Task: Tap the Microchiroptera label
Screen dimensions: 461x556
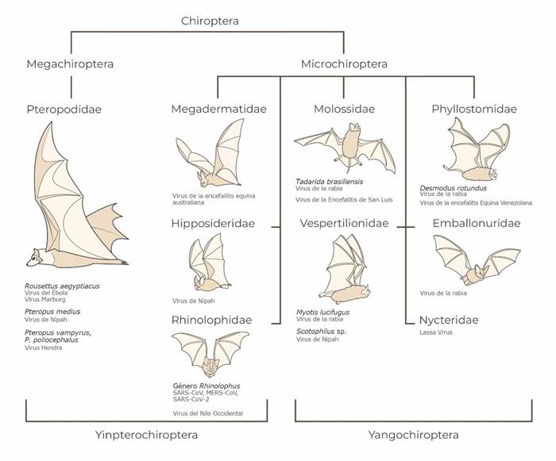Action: (344, 63)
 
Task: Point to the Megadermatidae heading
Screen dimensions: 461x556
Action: (218, 109)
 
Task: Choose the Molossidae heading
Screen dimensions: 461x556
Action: (344, 109)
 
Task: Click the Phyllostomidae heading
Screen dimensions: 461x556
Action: (474, 109)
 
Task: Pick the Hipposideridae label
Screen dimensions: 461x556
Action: (213, 224)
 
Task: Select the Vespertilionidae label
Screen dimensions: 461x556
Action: (344, 224)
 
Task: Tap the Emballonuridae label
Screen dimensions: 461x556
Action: (476, 224)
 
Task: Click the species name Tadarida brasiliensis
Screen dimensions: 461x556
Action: (329, 181)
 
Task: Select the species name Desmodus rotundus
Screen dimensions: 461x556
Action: (453, 188)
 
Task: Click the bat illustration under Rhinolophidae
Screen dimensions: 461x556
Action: (210, 355)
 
